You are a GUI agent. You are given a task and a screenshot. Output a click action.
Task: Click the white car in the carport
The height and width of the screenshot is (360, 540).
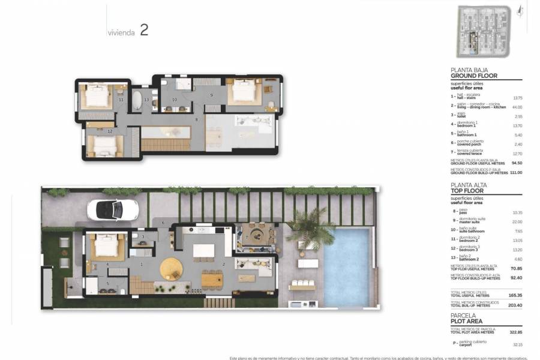112,209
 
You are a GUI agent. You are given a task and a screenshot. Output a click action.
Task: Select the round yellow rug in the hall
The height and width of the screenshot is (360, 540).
170,268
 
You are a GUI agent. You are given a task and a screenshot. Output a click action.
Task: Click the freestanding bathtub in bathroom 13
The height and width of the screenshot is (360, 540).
137,100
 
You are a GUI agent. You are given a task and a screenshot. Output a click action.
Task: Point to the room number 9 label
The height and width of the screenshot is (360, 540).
212,95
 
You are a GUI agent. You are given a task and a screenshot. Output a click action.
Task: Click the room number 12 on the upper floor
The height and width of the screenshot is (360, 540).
109,130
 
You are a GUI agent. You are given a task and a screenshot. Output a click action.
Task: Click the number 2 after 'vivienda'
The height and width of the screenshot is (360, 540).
144,31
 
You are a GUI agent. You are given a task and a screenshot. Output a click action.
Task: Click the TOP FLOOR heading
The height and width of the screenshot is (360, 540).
468,191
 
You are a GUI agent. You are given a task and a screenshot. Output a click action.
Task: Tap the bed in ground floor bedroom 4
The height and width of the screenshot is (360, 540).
108,245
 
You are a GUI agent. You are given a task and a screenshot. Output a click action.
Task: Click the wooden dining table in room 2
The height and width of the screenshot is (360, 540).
212,280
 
